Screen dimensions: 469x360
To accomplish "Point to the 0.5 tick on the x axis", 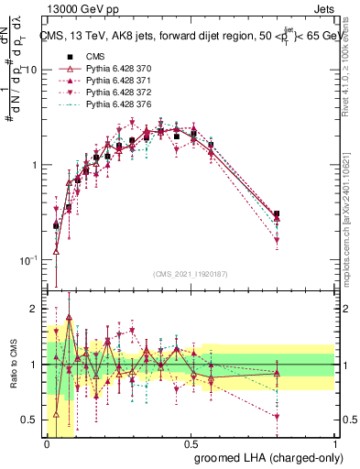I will [x=191, y=442].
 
